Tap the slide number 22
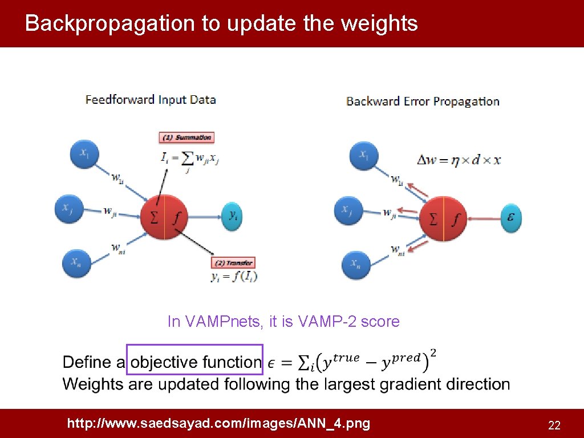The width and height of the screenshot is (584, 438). (x=554, y=425)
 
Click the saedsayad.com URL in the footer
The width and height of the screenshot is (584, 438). (x=218, y=423)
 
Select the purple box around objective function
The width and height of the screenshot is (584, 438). (x=194, y=359)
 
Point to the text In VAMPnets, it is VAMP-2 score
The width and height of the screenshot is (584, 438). (x=283, y=322)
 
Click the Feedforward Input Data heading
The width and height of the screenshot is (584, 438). (x=151, y=100)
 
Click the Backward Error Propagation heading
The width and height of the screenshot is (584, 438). (x=423, y=102)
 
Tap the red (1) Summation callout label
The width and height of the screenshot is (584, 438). (x=186, y=137)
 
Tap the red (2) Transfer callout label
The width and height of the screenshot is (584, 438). (x=233, y=263)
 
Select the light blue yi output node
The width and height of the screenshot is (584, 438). (x=232, y=216)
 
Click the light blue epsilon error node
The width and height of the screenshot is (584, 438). (x=511, y=217)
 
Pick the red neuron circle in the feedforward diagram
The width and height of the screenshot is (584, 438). (x=164, y=216)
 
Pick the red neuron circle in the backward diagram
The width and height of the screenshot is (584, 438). (x=443, y=217)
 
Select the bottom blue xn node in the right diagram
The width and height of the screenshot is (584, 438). (x=356, y=263)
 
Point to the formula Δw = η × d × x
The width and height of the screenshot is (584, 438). (x=460, y=160)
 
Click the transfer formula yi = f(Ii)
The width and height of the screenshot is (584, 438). (x=234, y=277)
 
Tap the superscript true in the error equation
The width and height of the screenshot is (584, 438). (x=346, y=358)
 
